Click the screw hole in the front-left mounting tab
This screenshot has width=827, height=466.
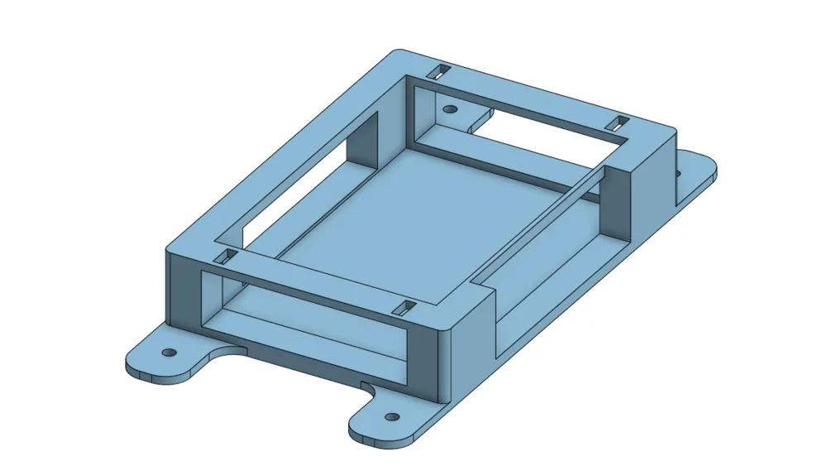[170, 352]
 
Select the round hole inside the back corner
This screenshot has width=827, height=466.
[450, 108]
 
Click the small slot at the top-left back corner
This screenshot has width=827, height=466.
[442, 71]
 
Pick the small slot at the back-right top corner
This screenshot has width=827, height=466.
[617, 123]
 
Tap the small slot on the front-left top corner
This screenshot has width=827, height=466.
[226, 257]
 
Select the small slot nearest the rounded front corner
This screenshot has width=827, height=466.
[405, 309]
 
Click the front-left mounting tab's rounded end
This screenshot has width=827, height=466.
[141, 368]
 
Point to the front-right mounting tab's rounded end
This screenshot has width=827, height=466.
[368, 432]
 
